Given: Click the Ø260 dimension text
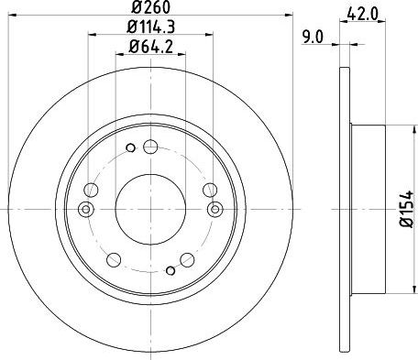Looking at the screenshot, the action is click(x=150, y=7).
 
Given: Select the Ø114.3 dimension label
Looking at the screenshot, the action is click(x=150, y=27).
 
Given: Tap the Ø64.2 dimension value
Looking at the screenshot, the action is click(x=150, y=47).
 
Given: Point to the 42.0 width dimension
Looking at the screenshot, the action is click(x=363, y=14).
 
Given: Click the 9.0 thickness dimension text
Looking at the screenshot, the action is click(x=313, y=38).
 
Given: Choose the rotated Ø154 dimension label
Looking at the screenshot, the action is click(x=407, y=209).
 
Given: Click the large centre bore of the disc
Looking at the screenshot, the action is click(x=150, y=209).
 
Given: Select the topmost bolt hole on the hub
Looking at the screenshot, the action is click(x=150, y=147).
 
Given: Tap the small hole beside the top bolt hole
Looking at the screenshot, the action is click(x=130, y=147).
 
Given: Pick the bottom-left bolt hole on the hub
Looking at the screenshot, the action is click(x=114, y=259).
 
